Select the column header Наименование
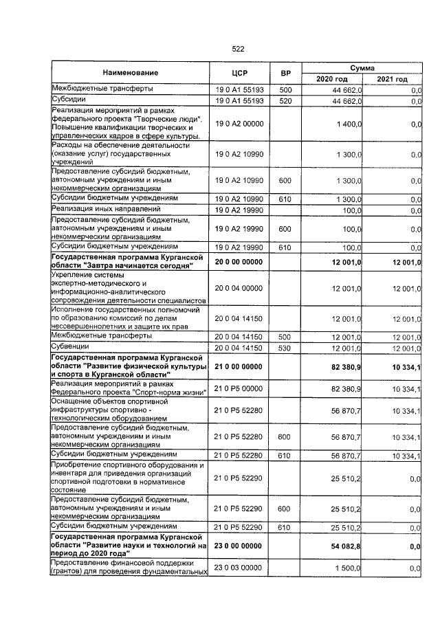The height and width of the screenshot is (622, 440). tap(131, 73)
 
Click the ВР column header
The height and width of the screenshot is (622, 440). tap(286, 73)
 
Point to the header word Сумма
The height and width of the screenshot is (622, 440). tap(362, 68)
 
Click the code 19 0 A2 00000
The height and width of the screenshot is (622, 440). tap(239, 124)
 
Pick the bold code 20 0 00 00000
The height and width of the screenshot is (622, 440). tap(239, 262)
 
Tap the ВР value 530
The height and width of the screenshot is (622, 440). tap(285, 349)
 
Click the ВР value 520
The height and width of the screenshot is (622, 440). tap(285, 101)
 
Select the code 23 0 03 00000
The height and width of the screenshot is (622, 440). tap(239, 568)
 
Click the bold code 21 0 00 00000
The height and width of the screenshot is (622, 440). tap(239, 368)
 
